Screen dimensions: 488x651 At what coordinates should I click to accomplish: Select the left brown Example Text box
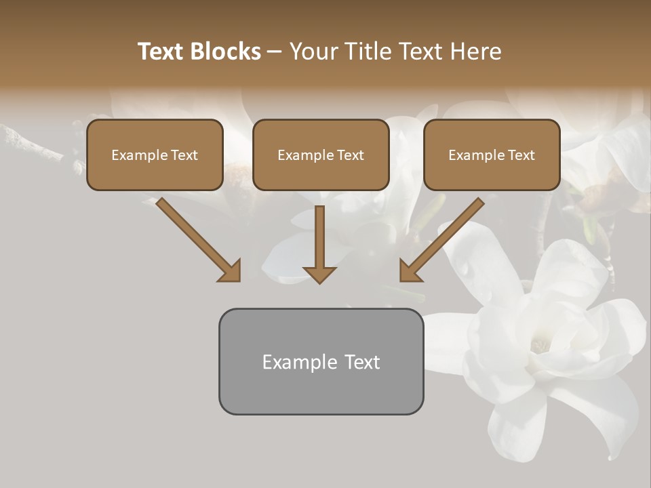pyautogui.click(x=155, y=155)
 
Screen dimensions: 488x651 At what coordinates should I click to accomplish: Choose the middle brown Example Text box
pyautogui.click(x=321, y=155)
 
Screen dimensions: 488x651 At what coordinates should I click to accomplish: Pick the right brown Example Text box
pyautogui.click(x=492, y=155)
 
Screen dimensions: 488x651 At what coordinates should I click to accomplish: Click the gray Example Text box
pyautogui.click(x=321, y=361)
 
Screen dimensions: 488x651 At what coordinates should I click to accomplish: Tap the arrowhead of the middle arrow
pyautogui.click(x=319, y=274)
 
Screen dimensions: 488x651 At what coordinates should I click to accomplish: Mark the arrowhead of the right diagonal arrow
pyautogui.click(x=410, y=270)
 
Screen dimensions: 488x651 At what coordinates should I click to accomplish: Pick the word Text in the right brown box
pyautogui.click(x=521, y=155)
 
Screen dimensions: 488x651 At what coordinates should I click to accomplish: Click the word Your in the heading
pyautogui.click(x=313, y=52)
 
